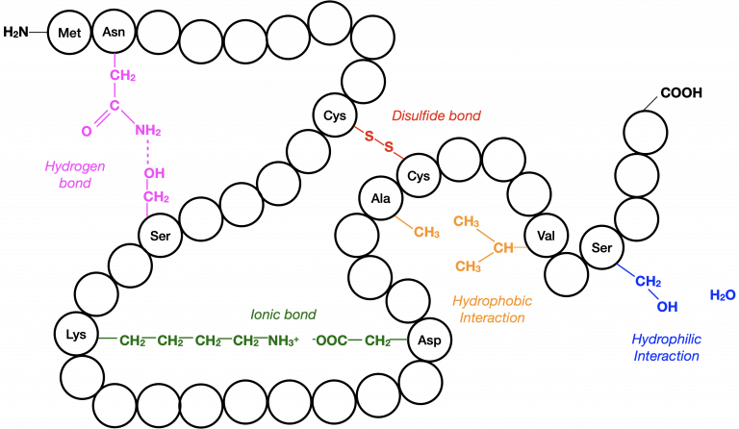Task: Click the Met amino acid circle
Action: click(x=69, y=33)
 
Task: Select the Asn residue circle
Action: click(x=114, y=32)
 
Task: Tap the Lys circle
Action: click(x=76, y=335)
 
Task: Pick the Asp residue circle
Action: click(x=429, y=340)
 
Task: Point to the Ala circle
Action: click(x=381, y=198)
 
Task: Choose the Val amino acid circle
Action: click(x=547, y=236)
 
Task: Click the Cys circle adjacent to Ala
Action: click(x=419, y=176)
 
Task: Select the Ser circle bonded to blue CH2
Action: click(x=601, y=247)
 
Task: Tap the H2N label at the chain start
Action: click(x=15, y=32)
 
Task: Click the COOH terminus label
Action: click(x=681, y=92)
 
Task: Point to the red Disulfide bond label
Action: click(x=437, y=115)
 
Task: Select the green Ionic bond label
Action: click(x=283, y=315)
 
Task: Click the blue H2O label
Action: click(x=723, y=295)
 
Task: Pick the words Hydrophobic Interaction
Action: click(x=492, y=309)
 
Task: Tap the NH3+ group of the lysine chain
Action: click(x=283, y=341)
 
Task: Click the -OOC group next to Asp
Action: click(x=329, y=340)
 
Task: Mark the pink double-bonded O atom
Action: click(x=87, y=131)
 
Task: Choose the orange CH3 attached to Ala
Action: click(x=426, y=232)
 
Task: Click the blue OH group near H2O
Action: click(x=667, y=307)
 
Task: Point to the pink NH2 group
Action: click(x=148, y=130)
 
